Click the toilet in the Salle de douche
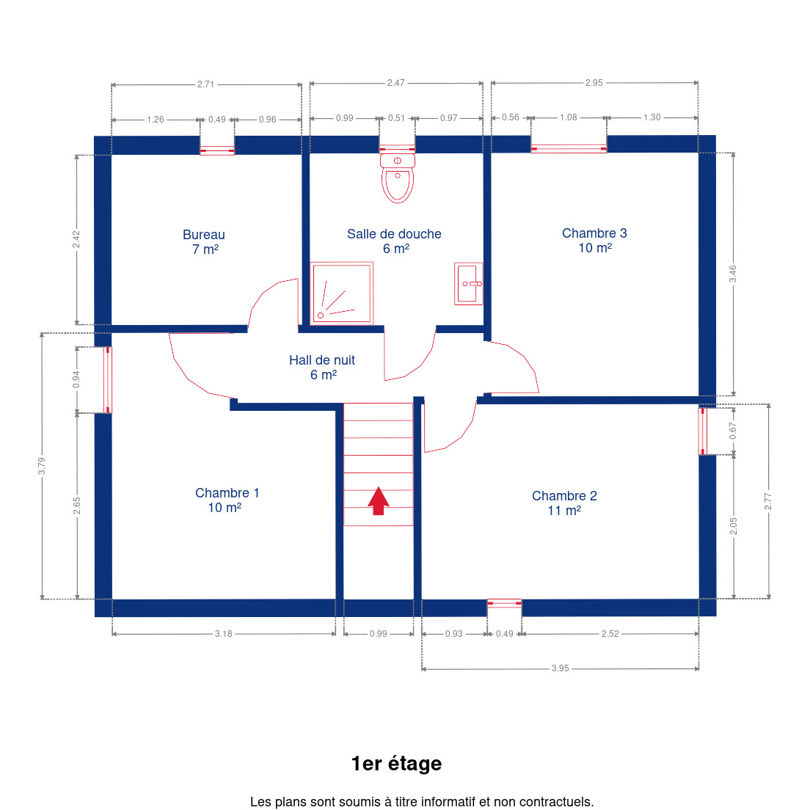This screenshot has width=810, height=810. pyautogui.click(x=397, y=178)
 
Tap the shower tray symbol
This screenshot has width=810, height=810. pyautogui.click(x=341, y=293)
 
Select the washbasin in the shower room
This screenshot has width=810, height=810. pyautogui.click(x=469, y=284)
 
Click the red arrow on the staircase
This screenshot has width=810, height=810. pyautogui.click(x=378, y=500)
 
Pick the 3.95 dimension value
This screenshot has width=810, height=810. pyautogui.click(x=560, y=668)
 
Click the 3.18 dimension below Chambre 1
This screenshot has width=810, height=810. pyautogui.click(x=224, y=633)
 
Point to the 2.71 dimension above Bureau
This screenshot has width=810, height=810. pyautogui.click(x=205, y=84)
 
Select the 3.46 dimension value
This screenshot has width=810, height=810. pyautogui.click(x=732, y=274)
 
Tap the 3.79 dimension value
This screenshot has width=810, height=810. pyautogui.click(x=42, y=466)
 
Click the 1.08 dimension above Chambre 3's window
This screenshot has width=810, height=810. pyautogui.click(x=568, y=117)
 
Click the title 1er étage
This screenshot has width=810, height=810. pyautogui.click(x=396, y=764)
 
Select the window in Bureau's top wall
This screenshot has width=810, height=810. pyautogui.click(x=217, y=150)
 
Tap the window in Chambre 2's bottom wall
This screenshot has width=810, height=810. pyautogui.click(x=504, y=603)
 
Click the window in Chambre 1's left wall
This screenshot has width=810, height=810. pyautogui.click(x=107, y=380)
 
